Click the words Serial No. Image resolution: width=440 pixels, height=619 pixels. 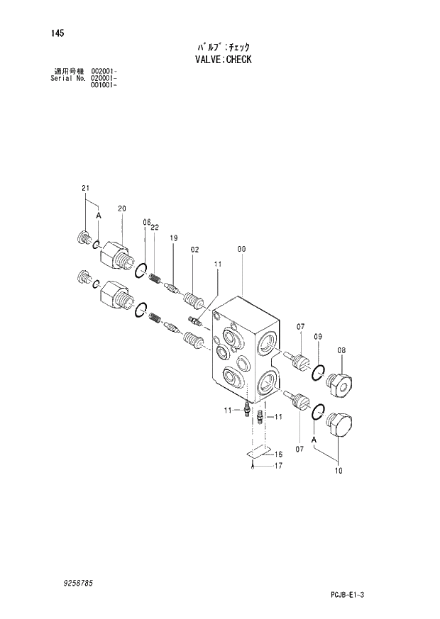[69, 78]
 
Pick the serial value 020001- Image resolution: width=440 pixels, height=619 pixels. [104, 78]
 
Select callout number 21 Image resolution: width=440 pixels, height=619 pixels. [85, 188]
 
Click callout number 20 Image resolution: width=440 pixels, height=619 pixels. [121, 208]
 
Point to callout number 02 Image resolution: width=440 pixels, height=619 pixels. [194, 250]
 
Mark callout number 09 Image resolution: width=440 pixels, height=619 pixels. [319, 336]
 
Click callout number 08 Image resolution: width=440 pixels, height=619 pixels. [341, 350]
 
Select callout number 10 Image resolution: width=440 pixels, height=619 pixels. [338, 471]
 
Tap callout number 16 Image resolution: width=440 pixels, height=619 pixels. [279, 454]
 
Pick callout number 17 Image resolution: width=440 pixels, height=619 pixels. [279, 466]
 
